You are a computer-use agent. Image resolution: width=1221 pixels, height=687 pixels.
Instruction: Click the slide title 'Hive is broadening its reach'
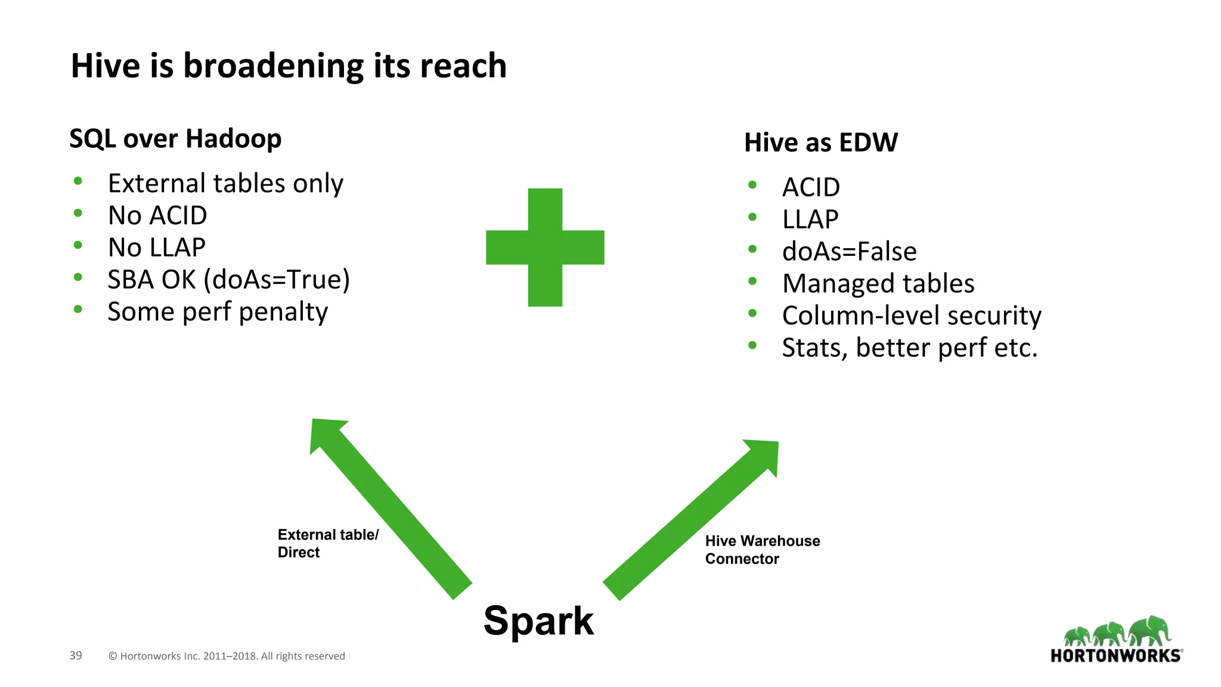point(289,66)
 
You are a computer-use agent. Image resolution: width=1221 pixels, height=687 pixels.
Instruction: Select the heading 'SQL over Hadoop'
point(175,139)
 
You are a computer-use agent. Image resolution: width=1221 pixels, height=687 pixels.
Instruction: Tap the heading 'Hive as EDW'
point(821,143)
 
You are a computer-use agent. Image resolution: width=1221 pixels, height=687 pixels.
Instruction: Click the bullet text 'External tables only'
point(225,184)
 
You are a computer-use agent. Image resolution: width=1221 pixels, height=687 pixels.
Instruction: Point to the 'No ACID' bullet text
point(157,215)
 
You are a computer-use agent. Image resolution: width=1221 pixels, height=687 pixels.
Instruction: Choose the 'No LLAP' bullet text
point(157,247)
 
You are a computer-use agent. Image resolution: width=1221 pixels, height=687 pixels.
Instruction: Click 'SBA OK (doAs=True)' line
point(229,280)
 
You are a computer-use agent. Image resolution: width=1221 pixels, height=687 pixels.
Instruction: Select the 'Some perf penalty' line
point(218,312)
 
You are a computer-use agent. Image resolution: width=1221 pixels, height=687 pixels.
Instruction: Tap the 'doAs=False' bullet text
point(849,252)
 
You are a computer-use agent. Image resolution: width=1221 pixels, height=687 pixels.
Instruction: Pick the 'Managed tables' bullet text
point(878,284)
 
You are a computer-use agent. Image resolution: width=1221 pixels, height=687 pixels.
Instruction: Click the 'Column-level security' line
point(912,315)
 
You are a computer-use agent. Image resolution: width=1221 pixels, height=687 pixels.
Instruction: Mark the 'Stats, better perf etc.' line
point(910,348)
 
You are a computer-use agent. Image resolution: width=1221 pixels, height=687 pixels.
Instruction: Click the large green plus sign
point(545,247)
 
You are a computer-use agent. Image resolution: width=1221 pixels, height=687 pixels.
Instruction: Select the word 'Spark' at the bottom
point(538,621)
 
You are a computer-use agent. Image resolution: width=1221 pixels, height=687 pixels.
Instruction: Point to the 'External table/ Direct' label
point(328,543)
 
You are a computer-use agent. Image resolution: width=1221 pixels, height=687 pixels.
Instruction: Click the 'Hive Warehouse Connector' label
point(763,550)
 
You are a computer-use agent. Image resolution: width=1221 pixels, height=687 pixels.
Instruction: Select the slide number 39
point(76,655)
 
